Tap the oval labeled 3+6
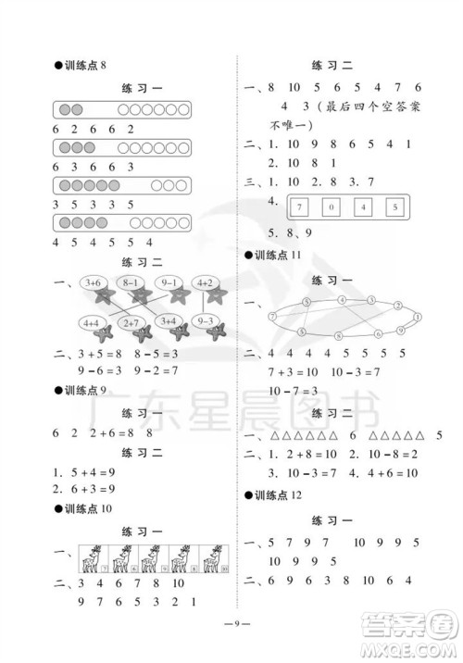coord(92,282)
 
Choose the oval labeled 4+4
coord(92,322)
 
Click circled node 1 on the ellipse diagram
coord(419,316)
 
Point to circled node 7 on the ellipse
coord(274,316)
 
